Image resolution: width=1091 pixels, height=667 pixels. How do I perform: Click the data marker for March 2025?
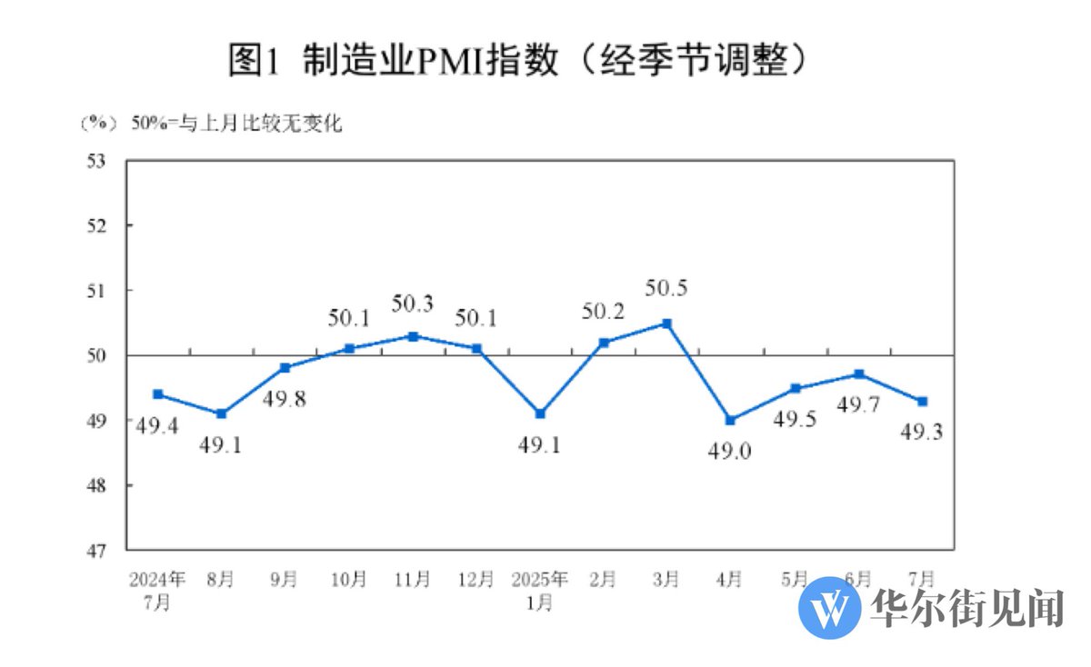[666, 324]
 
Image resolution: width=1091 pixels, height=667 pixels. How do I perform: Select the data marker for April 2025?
[730, 420]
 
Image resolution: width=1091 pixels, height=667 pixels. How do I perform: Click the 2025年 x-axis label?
[539, 580]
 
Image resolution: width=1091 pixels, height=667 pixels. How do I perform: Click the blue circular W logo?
[829, 607]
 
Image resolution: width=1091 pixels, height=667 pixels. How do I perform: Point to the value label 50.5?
[666, 290]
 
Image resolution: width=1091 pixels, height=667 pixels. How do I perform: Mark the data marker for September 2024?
[285, 368]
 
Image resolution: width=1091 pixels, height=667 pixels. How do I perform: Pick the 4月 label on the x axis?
[730, 580]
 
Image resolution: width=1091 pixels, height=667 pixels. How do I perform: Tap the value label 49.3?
[921, 433]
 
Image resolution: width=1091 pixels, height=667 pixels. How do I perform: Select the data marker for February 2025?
[603, 343]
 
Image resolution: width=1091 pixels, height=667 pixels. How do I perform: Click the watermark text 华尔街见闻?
[967, 607]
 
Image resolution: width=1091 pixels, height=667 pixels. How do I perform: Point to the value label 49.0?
[730, 451]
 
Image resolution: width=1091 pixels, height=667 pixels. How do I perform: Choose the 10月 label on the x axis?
[348, 580]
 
